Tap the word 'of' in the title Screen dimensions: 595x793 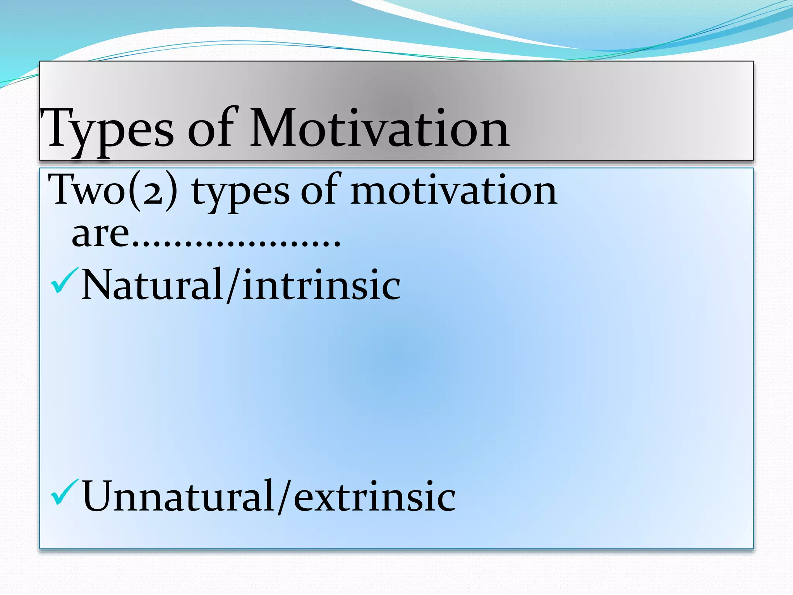coord(211,128)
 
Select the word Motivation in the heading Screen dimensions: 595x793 coord(379,128)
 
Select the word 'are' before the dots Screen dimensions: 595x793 coord(100,234)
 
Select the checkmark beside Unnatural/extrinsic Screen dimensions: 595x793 coord(64,492)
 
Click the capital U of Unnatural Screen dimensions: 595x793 coord(98,496)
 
